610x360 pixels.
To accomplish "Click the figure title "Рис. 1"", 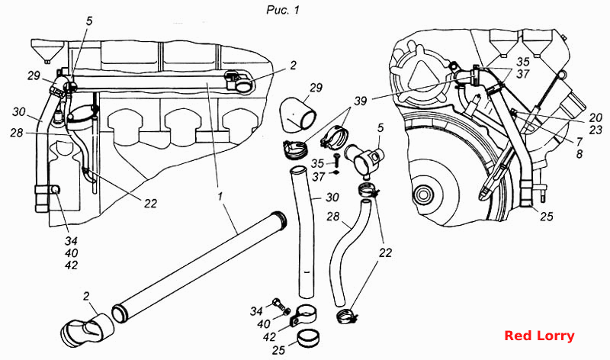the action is click(283, 10).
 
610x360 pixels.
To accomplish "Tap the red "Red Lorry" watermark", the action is click(539, 336).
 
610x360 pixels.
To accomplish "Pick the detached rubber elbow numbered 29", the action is click(297, 115).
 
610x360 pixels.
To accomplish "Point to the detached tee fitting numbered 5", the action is click(363, 159).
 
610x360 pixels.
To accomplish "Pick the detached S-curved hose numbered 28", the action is click(347, 253).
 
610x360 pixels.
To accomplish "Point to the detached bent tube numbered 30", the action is click(303, 232).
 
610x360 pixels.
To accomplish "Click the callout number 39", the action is click(360, 101).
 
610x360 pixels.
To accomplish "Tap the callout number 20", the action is click(596, 117).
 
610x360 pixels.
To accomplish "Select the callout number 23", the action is click(596, 130).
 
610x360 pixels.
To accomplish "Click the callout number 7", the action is click(579, 142).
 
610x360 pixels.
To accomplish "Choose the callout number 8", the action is click(579, 154).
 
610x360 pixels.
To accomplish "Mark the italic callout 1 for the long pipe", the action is click(220, 197).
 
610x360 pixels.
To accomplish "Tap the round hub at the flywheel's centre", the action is click(422, 194).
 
